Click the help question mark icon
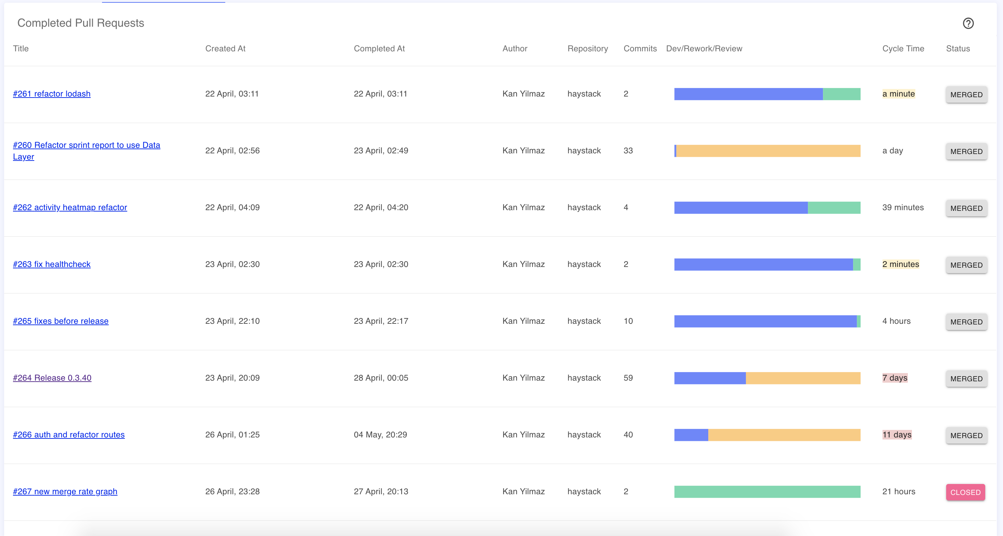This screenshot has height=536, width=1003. click(968, 23)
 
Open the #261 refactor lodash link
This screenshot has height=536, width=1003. click(52, 94)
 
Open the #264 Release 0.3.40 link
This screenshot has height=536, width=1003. click(52, 378)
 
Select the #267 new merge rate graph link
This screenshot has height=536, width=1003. click(65, 492)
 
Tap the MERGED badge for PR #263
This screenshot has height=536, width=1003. click(966, 265)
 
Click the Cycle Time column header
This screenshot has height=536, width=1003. click(903, 49)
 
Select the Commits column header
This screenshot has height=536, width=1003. click(640, 49)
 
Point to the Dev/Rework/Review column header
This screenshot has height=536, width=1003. click(704, 49)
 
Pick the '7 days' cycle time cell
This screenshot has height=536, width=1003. click(895, 378)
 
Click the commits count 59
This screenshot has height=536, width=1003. click(628, 378)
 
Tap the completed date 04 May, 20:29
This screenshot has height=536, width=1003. click(380, 435)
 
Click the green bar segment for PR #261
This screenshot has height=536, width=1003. click(841, 94)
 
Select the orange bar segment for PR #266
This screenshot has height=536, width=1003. click(784, 435)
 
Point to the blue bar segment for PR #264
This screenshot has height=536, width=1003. click(710, 378)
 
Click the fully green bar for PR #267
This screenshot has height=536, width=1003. click(767, 492)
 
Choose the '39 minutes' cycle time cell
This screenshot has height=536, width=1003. click(903, 207)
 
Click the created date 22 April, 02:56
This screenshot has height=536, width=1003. click(232, 151)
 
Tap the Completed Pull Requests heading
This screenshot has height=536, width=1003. click(80, 23)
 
